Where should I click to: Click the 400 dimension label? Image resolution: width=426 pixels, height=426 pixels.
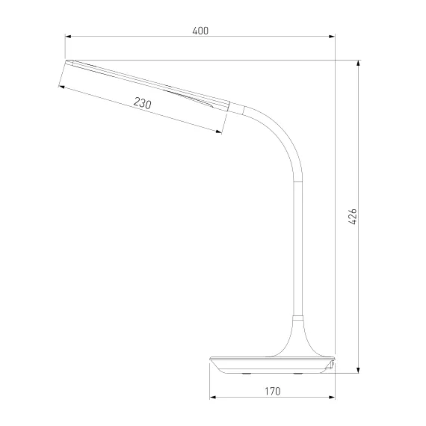click(x=200, y=31)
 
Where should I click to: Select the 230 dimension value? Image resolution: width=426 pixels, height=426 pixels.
click(x=142, y=103)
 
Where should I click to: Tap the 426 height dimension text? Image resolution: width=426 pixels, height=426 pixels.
click(x=352, y=217)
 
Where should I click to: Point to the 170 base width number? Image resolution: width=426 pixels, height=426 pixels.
click(x=272, y=391)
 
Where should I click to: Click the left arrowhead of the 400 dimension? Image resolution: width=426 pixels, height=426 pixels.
click(x=68, y=37)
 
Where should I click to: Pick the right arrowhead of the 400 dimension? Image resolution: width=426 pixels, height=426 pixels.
click(x=332, y=37)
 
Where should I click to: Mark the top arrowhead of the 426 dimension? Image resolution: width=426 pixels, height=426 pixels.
click(x=358, y=63)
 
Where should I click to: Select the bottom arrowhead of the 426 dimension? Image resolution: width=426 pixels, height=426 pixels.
click(x=358, y=370)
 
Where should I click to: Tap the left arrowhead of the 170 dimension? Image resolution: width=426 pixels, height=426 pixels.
click(x=213, y=397)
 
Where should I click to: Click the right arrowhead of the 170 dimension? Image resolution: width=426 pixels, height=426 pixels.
click(x=332, y=397)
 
